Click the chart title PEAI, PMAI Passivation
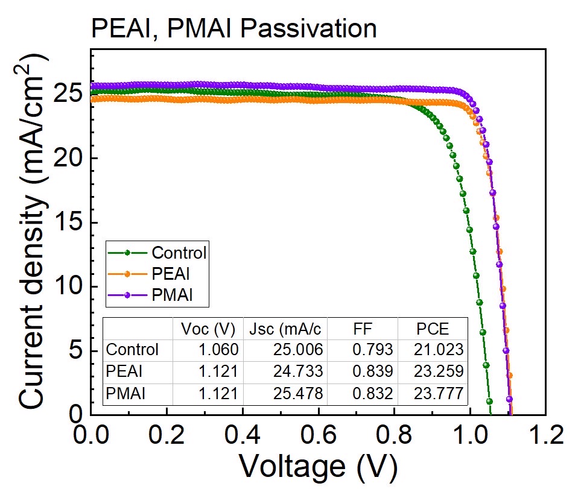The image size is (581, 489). tap(233, 28)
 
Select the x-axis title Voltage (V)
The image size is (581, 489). tap(318, 465)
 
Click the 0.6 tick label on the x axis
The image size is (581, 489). tap(318, 434)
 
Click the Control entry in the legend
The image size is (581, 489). tap(179, 252)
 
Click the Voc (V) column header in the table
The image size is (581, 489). tap(208, 329)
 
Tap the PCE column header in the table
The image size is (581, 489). tap(433, 329)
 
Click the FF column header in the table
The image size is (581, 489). tap(364, 329)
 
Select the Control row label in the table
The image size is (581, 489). tap(132, 350)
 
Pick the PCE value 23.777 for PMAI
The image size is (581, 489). tap(439, 394)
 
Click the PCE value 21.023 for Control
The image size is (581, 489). tap(439, 350)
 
